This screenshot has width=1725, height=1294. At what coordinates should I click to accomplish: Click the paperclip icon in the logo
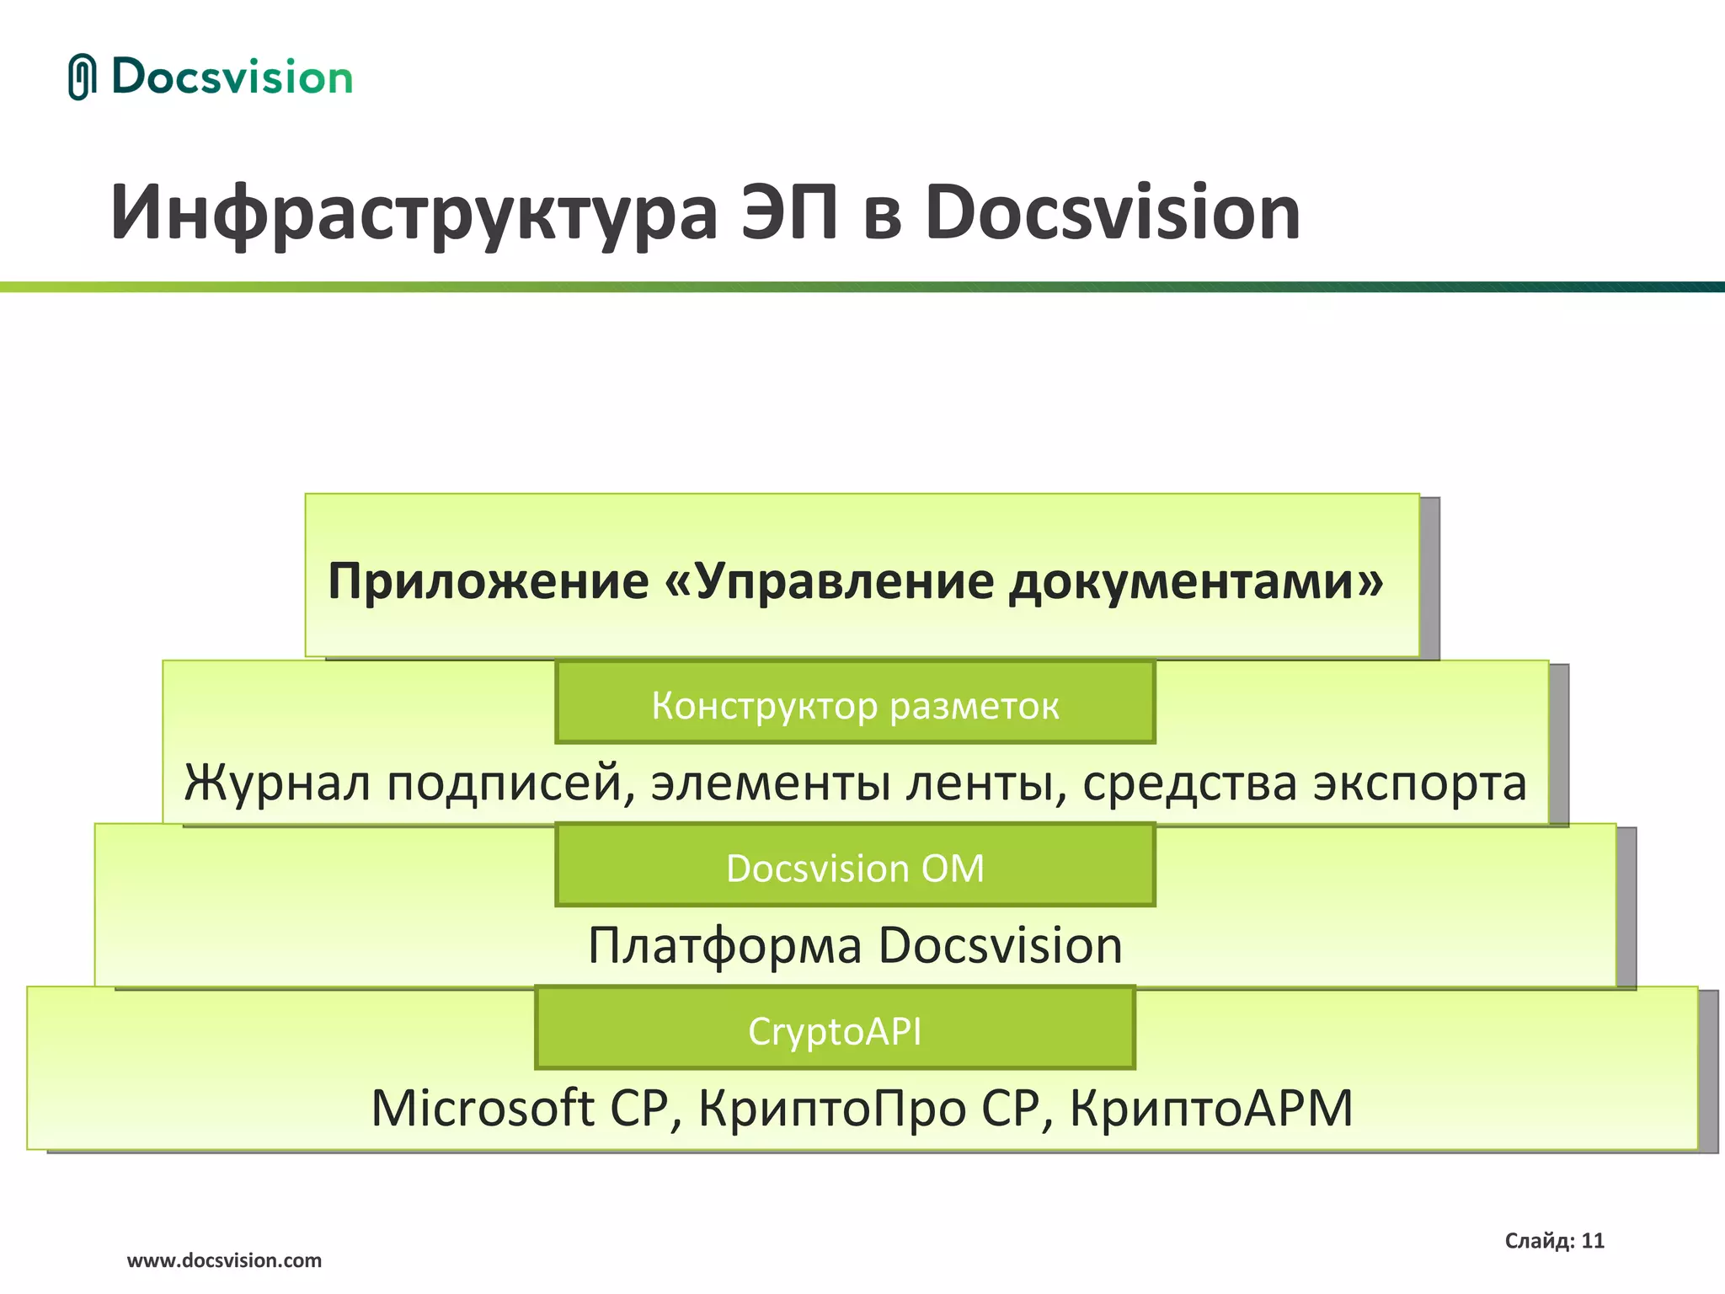coord(81,77)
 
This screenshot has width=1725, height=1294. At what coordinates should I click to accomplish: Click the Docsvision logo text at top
coord(232,78)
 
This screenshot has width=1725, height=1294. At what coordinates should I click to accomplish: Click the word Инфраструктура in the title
coord(413,212)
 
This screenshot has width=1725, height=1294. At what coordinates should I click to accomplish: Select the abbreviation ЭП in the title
coord(789,212)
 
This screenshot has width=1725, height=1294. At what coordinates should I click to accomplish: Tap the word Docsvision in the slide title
coord(1112,212)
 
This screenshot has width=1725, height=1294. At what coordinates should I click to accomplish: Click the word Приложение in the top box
coord(489,581)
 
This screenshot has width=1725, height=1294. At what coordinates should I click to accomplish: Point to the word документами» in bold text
coord(1196,581)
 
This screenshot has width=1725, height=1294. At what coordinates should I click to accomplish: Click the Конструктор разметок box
coord(855,704)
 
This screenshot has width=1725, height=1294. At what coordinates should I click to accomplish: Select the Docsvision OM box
coord(855,868)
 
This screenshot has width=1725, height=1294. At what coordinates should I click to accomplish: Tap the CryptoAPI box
coord(835,1030)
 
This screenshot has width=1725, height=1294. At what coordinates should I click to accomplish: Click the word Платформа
coord(724,945)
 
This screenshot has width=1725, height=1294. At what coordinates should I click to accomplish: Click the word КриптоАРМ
coord(1211,1108)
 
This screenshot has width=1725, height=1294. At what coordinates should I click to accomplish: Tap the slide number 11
coord(1592,1241)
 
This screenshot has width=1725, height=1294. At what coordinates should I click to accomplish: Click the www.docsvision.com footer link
coord(224,1260)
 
